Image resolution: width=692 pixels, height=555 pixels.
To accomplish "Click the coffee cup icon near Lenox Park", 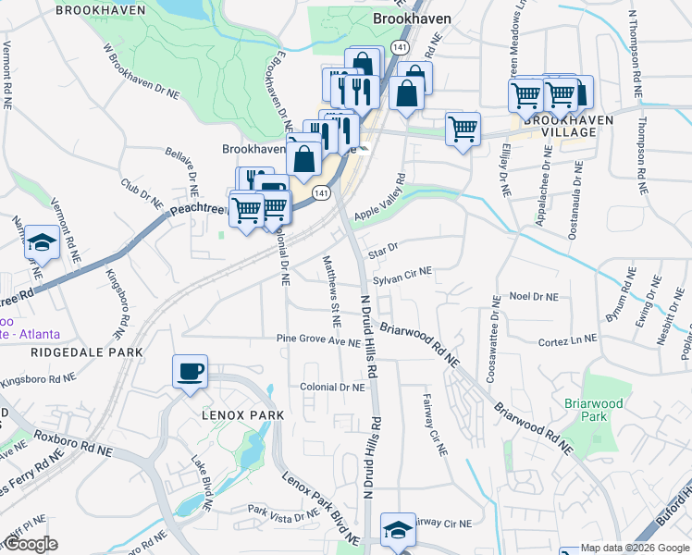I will point(190,372).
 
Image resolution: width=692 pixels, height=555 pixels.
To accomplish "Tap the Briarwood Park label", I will point(595,410).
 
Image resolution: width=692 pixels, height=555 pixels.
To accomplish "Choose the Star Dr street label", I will point(382,250).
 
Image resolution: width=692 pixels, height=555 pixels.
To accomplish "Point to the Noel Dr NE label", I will point(535,297).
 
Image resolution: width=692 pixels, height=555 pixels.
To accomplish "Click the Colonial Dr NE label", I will point(331,388).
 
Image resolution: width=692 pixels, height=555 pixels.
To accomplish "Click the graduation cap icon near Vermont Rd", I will point(42,242).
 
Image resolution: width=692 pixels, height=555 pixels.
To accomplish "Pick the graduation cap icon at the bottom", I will point(399,529).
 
